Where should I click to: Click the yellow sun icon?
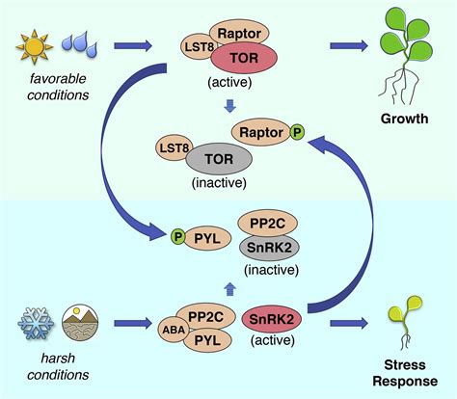coord(35,43)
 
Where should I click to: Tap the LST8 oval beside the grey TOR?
coord(176,147)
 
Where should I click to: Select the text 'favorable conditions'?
coord(54,86)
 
